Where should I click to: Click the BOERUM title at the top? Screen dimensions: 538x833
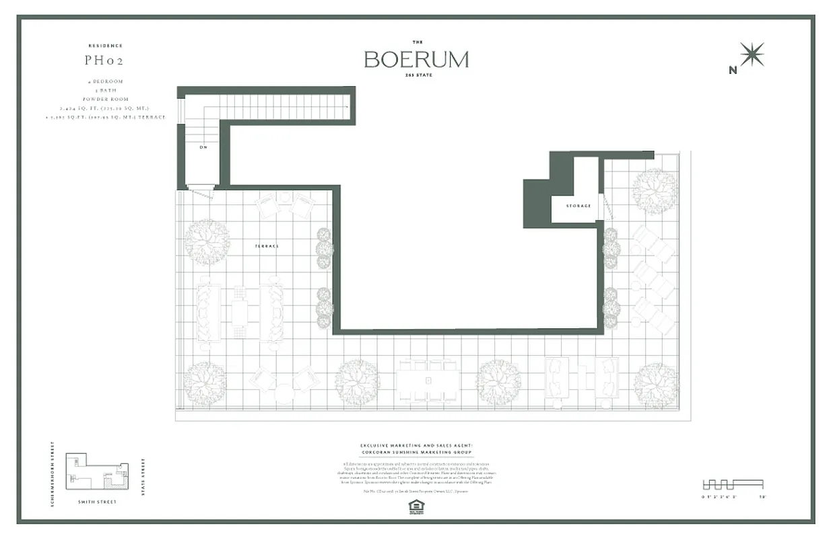tap(416, 59)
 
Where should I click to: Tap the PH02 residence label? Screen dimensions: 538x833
tap(104, 61)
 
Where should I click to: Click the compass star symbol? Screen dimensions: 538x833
tap(752, 54)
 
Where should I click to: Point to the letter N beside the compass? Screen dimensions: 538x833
tap(733, 69)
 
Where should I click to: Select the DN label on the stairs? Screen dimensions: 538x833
tap(203, 147)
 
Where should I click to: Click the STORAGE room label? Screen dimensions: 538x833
tap(578, 205)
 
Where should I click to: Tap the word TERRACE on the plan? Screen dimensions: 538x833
tap(267, 246)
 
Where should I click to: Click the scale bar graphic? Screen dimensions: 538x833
tap(733, 484)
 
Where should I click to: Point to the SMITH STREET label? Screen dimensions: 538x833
tap(98, 502)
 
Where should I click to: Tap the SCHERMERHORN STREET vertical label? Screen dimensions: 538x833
tap(53, 474)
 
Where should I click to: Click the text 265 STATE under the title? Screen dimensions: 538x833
tap(417, 75)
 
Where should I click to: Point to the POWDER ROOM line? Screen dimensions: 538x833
tap(106, 100)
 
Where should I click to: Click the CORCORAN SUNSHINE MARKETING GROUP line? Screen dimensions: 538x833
tap(416, 452)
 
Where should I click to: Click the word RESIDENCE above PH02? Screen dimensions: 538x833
tap(106, 46)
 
